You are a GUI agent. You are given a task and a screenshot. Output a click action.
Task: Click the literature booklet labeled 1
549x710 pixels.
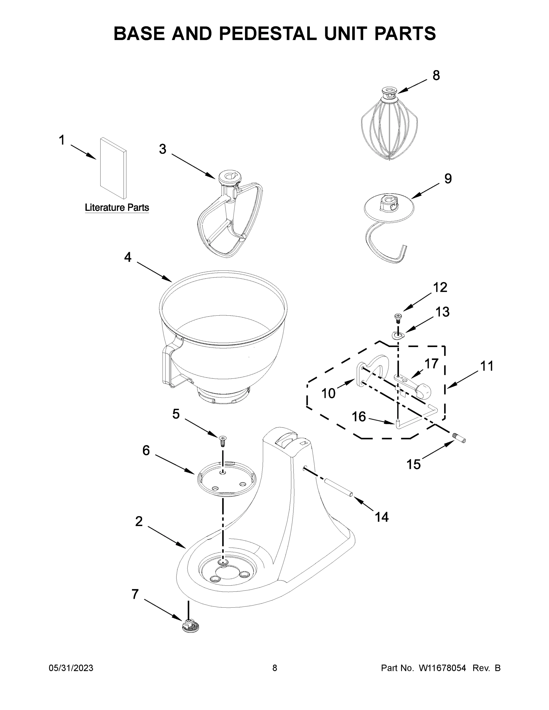113,167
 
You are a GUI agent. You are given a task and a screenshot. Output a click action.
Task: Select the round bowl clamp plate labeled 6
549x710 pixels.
226,479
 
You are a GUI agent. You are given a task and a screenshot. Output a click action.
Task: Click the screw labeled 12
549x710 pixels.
397,317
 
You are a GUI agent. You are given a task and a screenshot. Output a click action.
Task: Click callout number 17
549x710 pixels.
431,364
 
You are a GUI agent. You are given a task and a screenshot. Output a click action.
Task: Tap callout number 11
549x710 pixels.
487,366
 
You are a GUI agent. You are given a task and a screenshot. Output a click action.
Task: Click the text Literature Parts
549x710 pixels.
117,207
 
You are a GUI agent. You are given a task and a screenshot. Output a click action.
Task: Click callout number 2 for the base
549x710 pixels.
139,522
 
